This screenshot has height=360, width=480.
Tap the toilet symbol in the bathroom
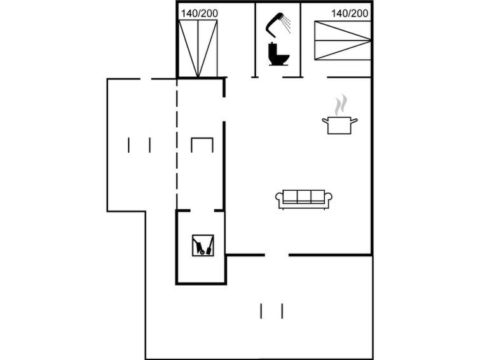pyautogui.click(x=278, y=54)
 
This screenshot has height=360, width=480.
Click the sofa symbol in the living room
pyautogui.click(x=304, y=200)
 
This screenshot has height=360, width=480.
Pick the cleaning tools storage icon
pyautogui.click(x=203, y=246)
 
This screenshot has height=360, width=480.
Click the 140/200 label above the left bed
pyautogui.click(x=199, y=13)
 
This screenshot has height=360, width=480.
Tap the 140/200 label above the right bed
pyautogui.click(x=350, y=13)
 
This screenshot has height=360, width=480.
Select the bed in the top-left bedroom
pyautogui.click(x=198, y=49)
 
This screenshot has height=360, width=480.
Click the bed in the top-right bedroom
pyautogui.click(x=343, y=40)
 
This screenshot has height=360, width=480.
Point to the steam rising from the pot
pyautogui.click(x=341, y=105)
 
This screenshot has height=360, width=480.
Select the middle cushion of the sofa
pyautogui.click(x=304, y=197)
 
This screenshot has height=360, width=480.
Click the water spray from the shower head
pyautogui.click(x=286, y=24)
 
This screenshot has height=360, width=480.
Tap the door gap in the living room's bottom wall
pyautogui.click(x=277, y=255)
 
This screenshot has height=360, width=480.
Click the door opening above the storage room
pyautogui.click(x=202, y=211)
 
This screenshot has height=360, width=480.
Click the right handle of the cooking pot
pyautogui.click(x=354, y=121)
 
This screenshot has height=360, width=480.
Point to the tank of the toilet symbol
pyautogui.click(x=272, y=49)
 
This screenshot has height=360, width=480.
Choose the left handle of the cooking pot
pyautogui.click(x=326, y=121)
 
